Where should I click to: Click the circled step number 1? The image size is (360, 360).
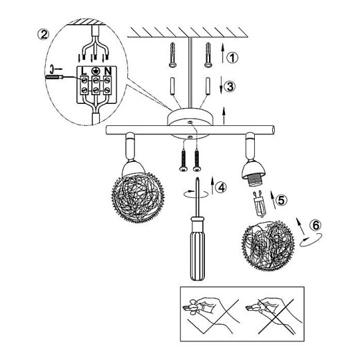coord(232,57)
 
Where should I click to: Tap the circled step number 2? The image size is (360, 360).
coord(43,35)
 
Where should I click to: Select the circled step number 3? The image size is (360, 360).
coord(230,87)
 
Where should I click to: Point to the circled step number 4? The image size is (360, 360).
coord(221,188)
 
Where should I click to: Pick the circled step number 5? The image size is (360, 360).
coord(282,200)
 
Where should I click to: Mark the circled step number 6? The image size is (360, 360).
coord(316,224)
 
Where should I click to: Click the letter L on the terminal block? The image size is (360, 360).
coord(84,71)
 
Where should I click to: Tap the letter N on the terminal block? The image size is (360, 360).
coord(108,71)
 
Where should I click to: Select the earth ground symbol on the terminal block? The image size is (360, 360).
coord(96,71)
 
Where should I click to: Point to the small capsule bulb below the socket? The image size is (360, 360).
coord(260,204)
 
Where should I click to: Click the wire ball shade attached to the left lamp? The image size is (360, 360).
coord(138,198)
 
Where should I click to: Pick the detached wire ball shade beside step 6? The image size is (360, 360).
coord(268,246)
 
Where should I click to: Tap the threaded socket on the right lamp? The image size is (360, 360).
coord(254,181)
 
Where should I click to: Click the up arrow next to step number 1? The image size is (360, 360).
coord(222,53)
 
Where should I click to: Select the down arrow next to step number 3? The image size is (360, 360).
coord(222,85)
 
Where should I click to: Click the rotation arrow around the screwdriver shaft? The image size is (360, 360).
coord(196,194)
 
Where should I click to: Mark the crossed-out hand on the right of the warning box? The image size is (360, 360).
coord(273,316)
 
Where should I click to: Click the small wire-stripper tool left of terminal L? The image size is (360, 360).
coord(55,77)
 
